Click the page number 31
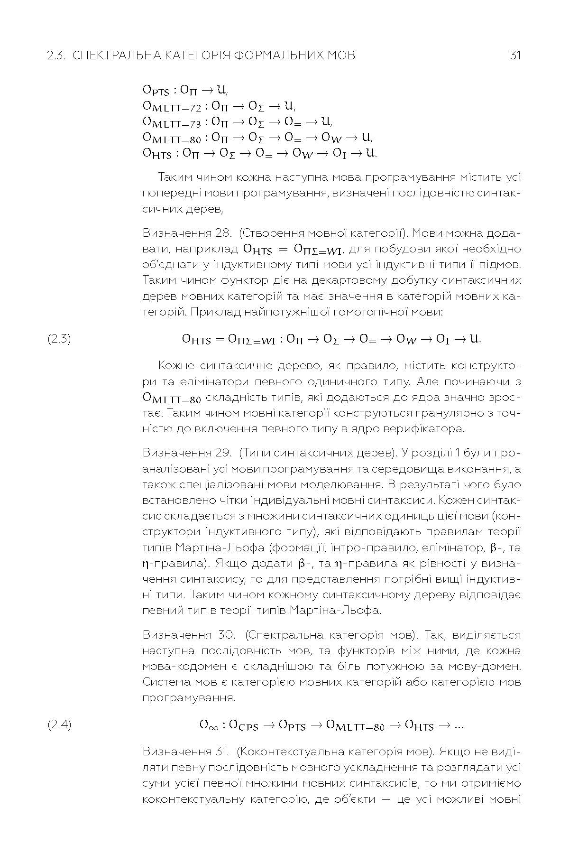coord(515,56)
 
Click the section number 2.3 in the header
coord(56,56)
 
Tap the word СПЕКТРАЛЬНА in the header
coord(116,56)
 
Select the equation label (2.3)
coord(59,339)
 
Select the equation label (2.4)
coord(59,725)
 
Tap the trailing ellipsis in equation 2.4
coord(459,725)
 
